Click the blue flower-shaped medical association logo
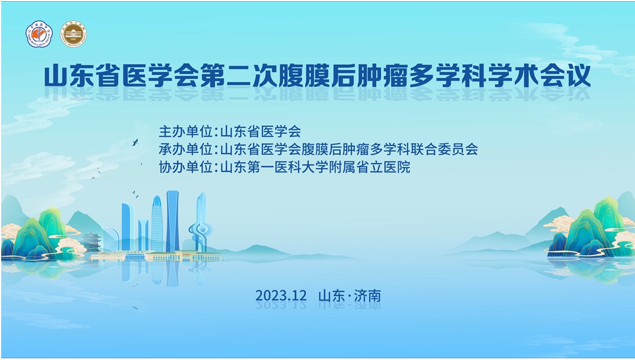point(39,34)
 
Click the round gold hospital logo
point(74,34)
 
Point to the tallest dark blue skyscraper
point(173,220)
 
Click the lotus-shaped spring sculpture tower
point(199,223)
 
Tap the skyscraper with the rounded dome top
point(156,223)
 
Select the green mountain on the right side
point(588,229)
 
